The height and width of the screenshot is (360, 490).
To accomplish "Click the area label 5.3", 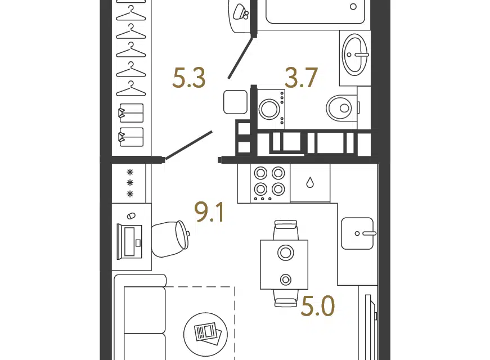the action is [189, 78].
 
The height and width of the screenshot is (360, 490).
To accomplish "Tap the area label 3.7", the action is [301, 78].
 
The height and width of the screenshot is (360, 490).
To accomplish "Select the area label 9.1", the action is [209, 212].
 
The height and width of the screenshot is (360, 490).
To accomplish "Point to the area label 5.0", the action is [318, 306].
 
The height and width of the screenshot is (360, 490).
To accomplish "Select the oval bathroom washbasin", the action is [355, 55].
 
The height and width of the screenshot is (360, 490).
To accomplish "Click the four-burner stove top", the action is [269, 183].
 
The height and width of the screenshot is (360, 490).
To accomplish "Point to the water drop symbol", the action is [310, 182].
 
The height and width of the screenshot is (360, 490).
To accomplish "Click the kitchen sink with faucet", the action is [357, 233].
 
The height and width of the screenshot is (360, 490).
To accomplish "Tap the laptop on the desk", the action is [129, 241].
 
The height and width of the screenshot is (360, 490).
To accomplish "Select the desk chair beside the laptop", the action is [170, 238].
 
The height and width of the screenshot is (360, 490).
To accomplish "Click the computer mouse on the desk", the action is [131, 216].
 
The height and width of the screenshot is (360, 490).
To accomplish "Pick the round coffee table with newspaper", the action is [205, 334].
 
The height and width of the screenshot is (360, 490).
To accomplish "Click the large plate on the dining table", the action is [286, 253].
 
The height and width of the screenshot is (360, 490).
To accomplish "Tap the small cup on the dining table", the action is [286, 280].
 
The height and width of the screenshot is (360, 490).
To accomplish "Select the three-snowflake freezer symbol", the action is [130, 183].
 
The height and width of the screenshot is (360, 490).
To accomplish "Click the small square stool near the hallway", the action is [235, 102].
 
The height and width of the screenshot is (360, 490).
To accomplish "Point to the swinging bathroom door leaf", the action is [240, 58].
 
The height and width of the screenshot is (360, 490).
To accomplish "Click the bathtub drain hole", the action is [353, 7].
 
